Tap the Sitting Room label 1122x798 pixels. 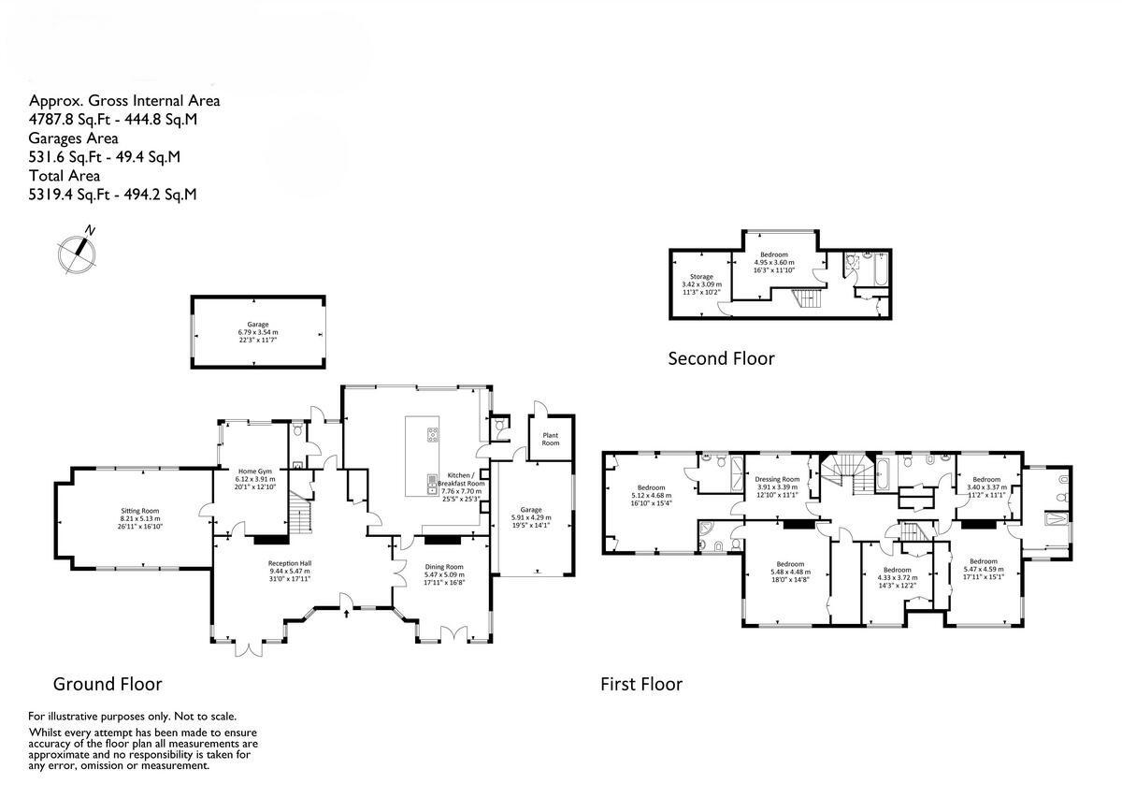140,512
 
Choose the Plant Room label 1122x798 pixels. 550,439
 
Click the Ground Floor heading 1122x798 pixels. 108,684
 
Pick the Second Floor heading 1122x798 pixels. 721,358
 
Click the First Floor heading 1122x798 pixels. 640,684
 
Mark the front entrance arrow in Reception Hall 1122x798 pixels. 348,614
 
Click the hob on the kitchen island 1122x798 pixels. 434,433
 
